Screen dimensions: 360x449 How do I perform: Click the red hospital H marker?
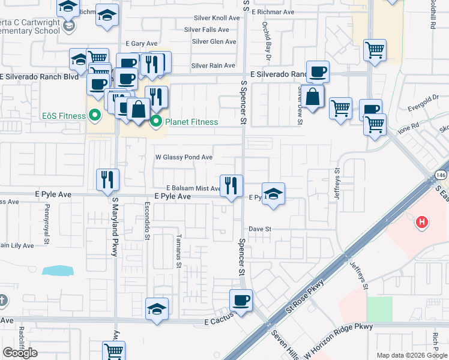point(422,223)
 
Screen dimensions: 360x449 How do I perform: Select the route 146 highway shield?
point(440,175)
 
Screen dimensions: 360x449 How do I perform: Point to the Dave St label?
point(261,229)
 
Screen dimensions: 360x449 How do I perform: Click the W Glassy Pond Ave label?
point(184,157)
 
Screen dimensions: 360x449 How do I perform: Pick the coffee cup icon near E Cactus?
point(241,300)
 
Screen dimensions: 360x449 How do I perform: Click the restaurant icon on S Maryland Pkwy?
point(108,179)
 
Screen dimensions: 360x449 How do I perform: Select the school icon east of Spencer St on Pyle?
point(273,193)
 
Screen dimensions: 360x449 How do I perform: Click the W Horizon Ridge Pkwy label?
point(339,340)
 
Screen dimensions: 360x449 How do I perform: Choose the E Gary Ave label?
point(141,44)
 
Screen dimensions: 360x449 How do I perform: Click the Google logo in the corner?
point(20,353)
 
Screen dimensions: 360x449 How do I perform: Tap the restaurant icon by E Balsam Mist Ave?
point(231,185)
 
